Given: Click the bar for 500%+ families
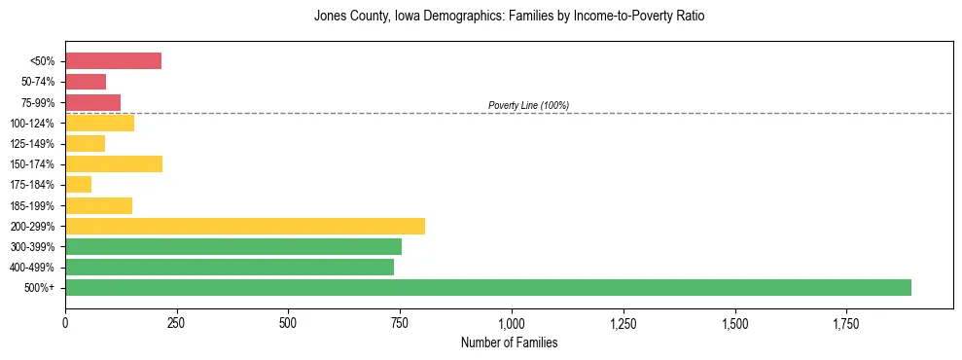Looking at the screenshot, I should click(x=487, y=287).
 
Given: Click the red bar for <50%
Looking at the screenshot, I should click(x=113, y=61).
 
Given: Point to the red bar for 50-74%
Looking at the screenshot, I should click(x=86, y=82).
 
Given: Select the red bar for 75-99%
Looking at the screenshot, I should click(x=92, y=102).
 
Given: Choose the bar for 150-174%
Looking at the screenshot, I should click(x=114, y=163).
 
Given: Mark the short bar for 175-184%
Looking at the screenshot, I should click(x=78, y=184).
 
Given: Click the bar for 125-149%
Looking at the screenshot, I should click(x=85, y=143).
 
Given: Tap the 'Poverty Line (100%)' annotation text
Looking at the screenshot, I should click(x=528, y=105).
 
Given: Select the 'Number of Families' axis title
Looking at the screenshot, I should click(x=511, y=342).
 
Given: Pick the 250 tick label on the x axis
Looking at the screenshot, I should click(x=176, y=323).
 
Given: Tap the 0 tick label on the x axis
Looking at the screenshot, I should click(x=65, y=323).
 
